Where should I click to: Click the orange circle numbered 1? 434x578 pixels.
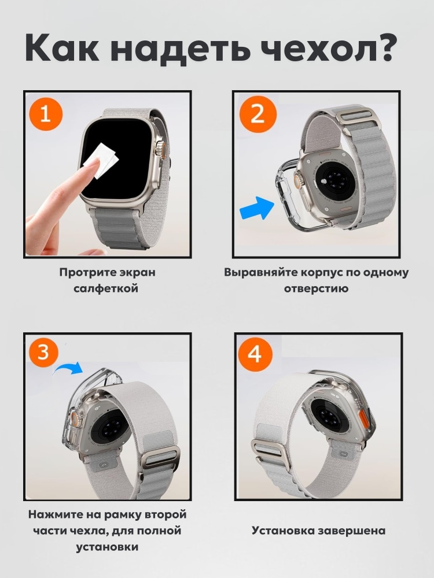point(45,114)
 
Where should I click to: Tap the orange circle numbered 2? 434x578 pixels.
point(257,114)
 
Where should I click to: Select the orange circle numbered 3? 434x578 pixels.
point(43,353)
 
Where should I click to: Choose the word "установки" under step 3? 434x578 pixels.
point(107,547)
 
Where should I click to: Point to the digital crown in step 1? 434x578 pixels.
point(160,148)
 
